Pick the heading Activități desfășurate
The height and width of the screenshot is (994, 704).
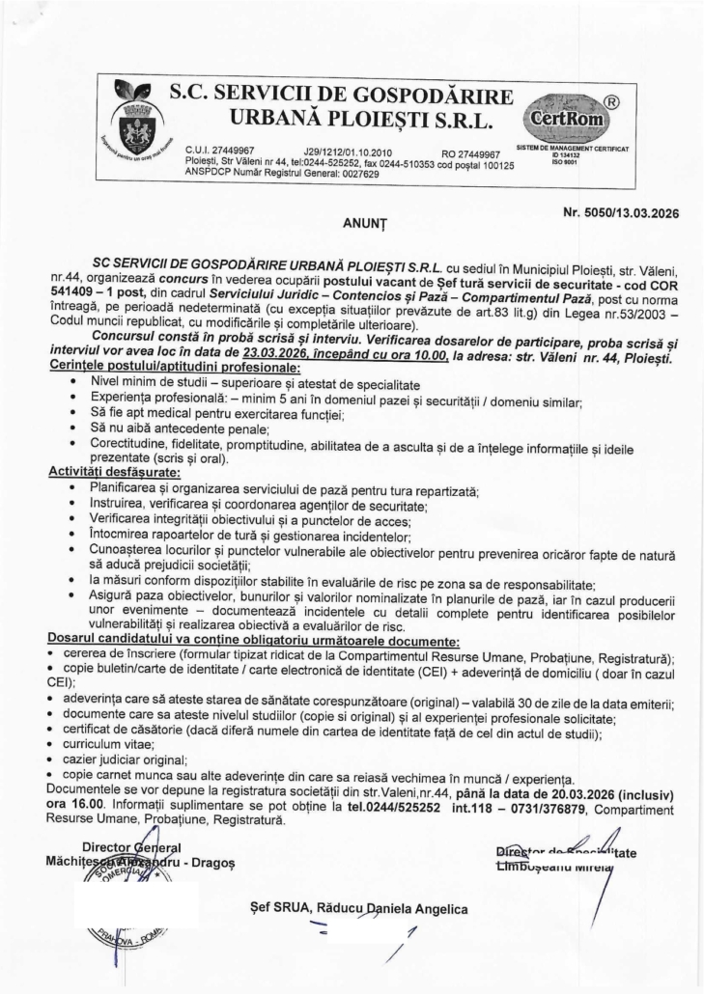pos(106,474)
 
